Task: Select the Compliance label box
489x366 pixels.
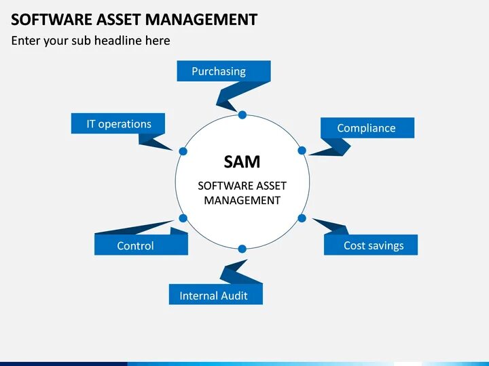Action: [x=367, y=128]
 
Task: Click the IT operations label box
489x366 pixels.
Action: [x=118, y=124]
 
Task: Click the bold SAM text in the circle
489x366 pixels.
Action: [x=242, y=161]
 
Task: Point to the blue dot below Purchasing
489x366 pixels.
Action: [x=242, y=115]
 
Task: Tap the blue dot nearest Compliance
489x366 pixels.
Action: [x=302, y=150]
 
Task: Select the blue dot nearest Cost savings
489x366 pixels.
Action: [x=302, y=218]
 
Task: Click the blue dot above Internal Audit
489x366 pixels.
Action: [x=242, y=248]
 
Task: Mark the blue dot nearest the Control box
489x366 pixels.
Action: [x=183, y=218]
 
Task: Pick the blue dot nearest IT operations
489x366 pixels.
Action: [x=183, y=150]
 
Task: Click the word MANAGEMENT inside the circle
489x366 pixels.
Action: [x=242, y=201]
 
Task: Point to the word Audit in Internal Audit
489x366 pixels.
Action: [x=233, y=296]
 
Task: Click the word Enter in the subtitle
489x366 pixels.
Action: [x=26, y=41]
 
